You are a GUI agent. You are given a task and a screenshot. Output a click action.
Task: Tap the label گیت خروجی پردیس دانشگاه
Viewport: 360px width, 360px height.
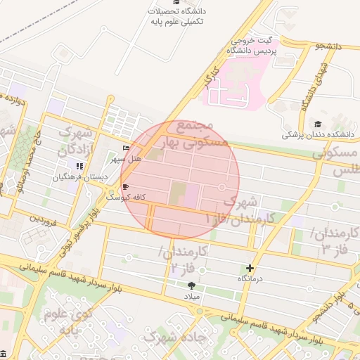[x=252, y=46]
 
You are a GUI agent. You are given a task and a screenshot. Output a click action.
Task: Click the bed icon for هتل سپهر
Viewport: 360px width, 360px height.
[x=126, y=148]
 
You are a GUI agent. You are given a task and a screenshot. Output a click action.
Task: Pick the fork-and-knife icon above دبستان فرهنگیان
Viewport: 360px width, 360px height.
[x=79, y=167]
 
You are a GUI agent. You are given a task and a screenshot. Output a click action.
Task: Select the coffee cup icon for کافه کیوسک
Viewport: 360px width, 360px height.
[x=126, y=187]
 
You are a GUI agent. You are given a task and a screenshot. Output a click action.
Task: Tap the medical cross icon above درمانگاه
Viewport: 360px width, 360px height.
[x=251, y=268]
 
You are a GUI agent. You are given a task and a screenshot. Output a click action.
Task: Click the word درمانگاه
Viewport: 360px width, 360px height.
[x=251, y=278]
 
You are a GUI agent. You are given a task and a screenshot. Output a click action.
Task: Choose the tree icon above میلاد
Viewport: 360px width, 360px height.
[x=191, y=285]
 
